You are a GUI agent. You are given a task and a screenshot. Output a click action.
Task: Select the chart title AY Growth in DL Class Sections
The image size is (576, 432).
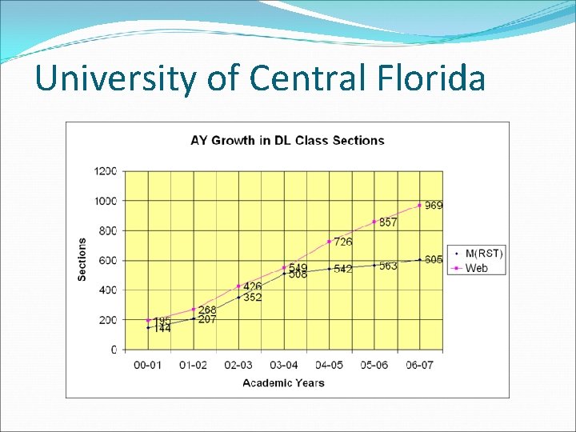[287, 140]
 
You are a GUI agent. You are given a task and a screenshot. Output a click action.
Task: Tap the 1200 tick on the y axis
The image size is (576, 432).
[106, 170]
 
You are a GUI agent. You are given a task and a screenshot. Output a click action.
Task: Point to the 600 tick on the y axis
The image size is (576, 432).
[108, 260]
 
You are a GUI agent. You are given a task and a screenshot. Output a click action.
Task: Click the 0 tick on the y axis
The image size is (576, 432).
[114, 350]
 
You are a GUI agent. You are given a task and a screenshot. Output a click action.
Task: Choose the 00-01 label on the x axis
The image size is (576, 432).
[148, 365]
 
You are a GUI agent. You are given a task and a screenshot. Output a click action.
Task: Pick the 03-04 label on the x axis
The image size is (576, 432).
[284, 365]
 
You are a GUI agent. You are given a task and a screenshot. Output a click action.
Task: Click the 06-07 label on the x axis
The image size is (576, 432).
[419, 365]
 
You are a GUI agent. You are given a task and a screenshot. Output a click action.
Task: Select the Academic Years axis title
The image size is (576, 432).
[283, 382]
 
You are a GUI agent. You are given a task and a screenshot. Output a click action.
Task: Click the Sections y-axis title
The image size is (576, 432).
[82, 259]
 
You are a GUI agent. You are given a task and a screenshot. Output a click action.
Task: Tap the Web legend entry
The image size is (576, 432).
[476, 268]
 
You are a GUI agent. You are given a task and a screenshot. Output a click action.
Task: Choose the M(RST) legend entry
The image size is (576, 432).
[483, 254]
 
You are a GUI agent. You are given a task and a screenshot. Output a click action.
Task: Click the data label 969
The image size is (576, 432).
[434, 206]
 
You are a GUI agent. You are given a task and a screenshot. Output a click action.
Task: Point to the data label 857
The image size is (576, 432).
[388, 222]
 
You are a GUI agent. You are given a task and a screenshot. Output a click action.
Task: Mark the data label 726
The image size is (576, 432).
[343, 242]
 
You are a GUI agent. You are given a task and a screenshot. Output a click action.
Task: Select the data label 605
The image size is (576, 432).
[434, 259]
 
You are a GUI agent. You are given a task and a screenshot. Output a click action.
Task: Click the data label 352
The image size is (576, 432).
[253, 298]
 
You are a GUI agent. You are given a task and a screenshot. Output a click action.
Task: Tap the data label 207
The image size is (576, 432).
[207, 319]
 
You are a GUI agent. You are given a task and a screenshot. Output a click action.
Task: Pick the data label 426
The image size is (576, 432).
[253, 286]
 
